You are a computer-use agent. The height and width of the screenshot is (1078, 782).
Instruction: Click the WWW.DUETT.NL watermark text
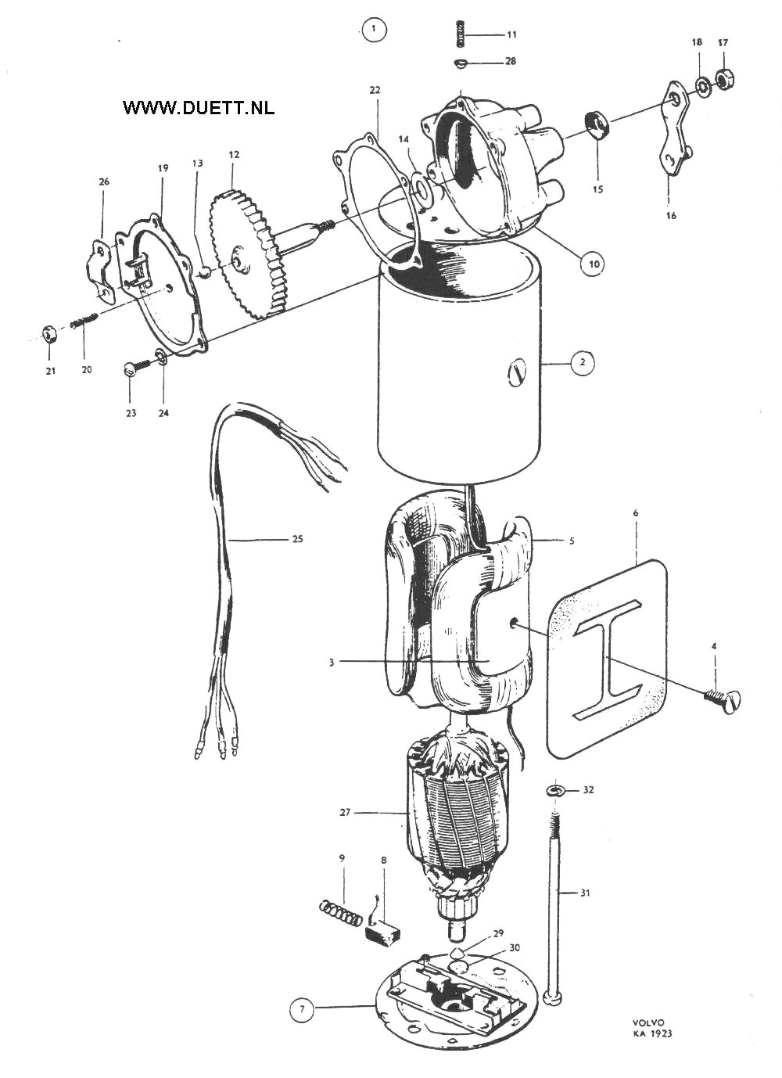pos(199,108)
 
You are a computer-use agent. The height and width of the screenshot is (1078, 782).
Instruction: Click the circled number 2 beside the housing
pos(583,362)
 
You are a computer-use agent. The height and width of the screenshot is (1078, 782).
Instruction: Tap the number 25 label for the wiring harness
pos(298,539)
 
